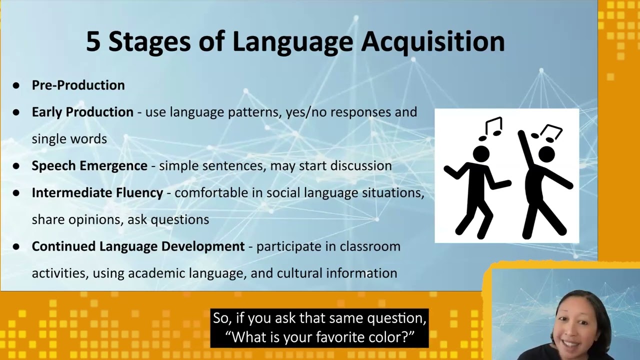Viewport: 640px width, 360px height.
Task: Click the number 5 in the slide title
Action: pos(93,42)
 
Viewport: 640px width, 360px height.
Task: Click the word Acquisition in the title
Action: pos(433,42)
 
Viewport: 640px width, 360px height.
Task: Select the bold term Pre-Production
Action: pos(78,85)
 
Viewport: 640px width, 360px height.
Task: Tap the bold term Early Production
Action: pos(82,112)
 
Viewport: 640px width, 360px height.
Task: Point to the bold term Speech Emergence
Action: pos(89,165)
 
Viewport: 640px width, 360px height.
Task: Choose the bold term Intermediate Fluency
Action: pos(97,192)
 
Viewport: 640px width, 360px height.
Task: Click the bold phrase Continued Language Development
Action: pos(138,246)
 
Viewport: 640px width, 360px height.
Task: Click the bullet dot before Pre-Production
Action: pos(16,85)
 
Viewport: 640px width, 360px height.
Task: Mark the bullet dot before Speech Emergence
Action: pos(16,166)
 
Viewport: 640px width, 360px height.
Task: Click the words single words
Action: pos(69,139)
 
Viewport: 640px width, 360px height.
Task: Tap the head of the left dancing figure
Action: pos(481,154)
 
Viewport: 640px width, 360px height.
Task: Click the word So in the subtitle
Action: pos(219,318)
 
